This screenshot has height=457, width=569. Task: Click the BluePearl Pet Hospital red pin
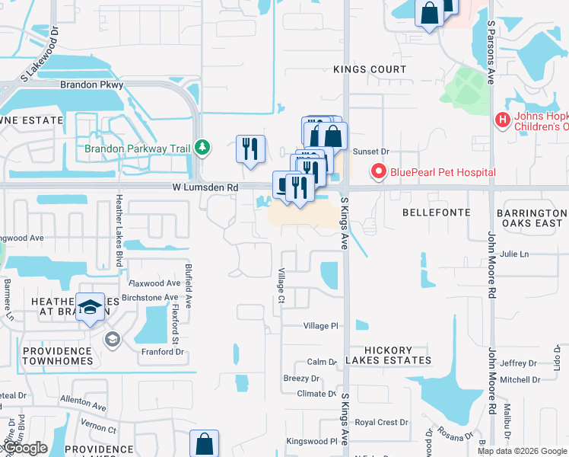pos(378,172)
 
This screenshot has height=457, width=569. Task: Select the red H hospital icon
pos(502,120)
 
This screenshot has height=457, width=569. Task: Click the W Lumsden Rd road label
pos(205,187)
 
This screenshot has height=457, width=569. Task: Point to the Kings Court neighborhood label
pos(370,69)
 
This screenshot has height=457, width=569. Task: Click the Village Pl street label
pos(320,326)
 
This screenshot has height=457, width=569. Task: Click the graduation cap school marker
pos(91,306)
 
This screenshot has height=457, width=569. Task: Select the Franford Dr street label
pos(163,351)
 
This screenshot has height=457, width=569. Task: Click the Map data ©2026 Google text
pos(521,451)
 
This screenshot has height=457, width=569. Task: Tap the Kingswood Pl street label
pos(311,441)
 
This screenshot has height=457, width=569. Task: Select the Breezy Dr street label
pos(301,379)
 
